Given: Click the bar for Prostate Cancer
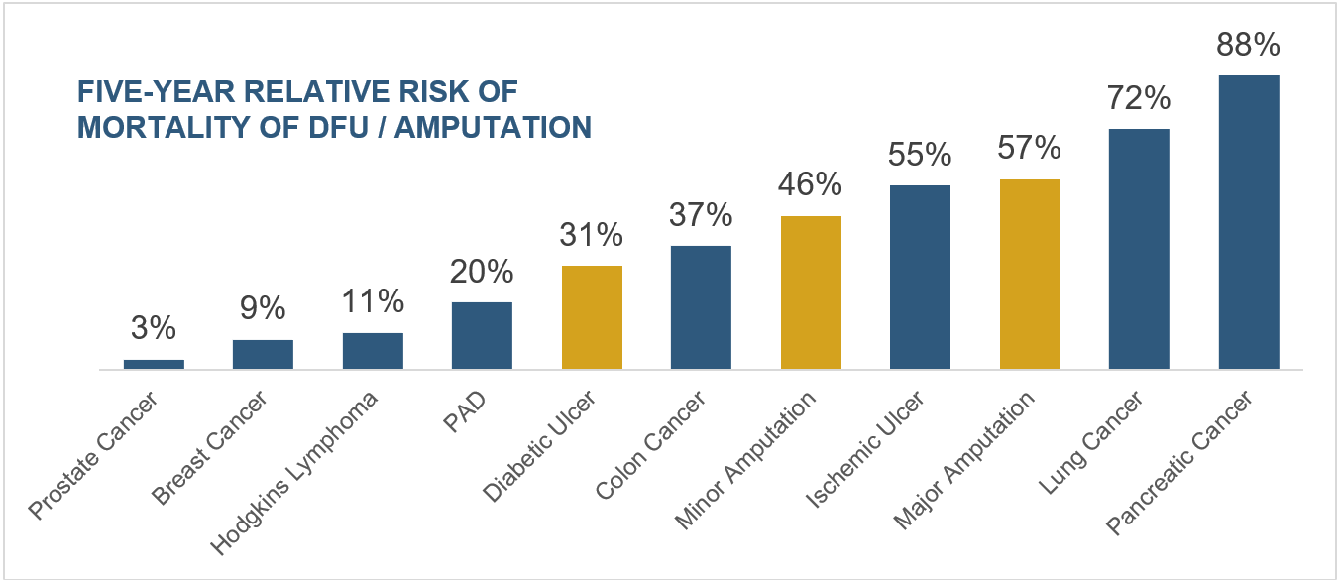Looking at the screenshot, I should click(154, 364).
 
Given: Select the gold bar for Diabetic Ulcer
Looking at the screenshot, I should click(592, 317).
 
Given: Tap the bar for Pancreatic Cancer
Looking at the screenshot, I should click(1248, 222).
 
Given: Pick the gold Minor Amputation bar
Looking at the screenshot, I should click(811, 292).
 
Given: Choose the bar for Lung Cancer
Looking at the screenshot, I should click(1139, 249).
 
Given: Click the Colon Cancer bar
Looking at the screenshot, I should click(701, 307).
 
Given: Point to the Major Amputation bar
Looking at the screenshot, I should click(1030, 275).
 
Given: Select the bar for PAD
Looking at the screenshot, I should click(482, 335).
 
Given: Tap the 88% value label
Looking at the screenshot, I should click(1248, 46).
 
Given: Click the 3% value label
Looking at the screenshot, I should click(154, 329).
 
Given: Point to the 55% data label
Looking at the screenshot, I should click(920, 155).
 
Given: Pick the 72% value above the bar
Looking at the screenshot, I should click(1139, 99).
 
